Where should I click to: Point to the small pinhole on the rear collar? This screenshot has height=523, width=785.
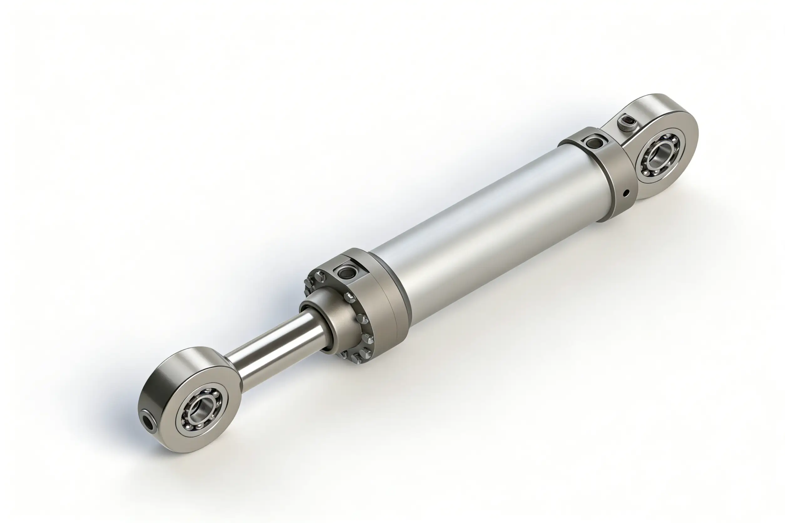(626, 192)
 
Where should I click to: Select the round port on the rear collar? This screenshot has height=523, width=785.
(593, 143)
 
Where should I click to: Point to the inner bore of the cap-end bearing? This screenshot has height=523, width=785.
(659, 154)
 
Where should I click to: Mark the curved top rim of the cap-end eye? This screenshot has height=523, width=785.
(654, 102)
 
